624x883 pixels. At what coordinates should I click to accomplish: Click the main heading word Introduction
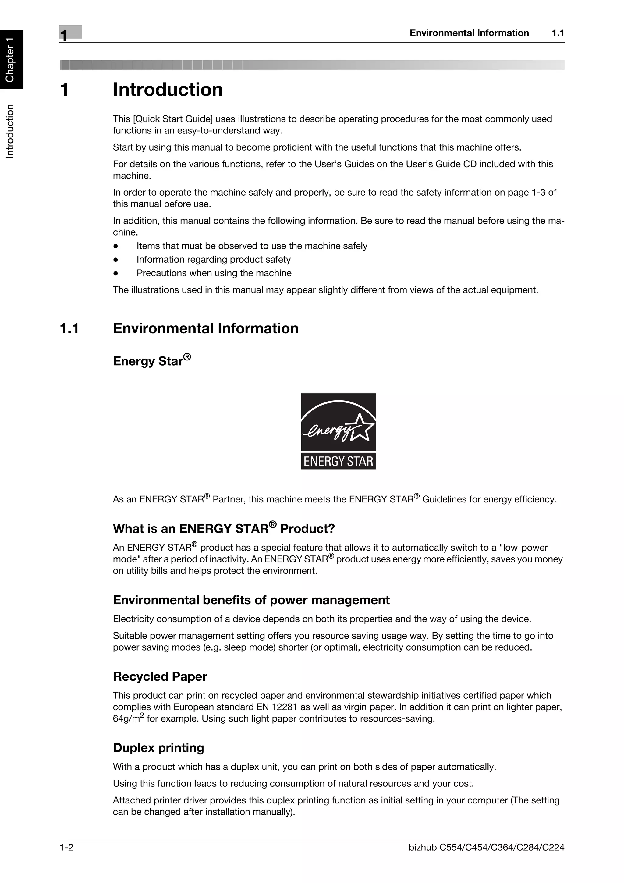(168, 90)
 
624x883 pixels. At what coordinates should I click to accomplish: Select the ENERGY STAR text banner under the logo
(338, 461)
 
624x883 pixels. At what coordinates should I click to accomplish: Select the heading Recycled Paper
(160, 676)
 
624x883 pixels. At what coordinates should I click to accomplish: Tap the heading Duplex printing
(158, 748)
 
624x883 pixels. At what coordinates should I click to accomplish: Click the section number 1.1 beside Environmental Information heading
(69, 328)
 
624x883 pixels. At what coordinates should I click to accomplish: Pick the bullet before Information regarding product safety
(115, 260)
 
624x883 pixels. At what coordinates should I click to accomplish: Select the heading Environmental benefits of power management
(251, 600)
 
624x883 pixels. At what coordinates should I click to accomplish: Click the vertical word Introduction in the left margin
(10, 131)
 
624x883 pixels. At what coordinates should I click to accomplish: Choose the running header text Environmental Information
(469, 33)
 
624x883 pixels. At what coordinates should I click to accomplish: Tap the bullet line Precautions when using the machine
(214, 273)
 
